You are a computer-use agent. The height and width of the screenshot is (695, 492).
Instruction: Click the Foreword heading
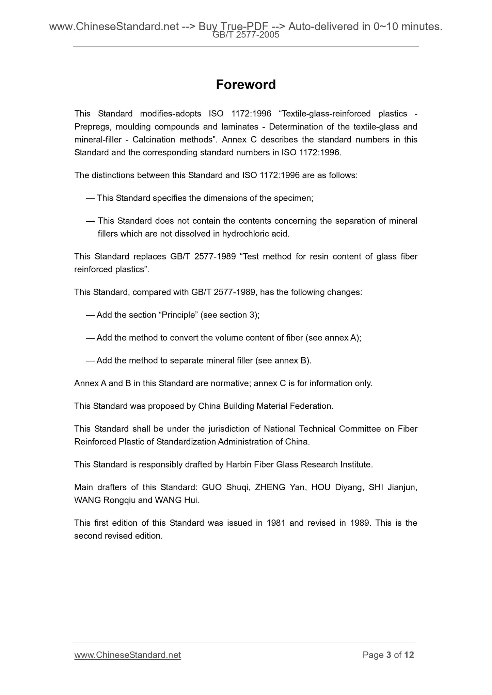pos(245,85)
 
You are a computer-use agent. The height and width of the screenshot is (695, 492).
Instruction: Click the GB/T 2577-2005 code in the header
pos(245,35)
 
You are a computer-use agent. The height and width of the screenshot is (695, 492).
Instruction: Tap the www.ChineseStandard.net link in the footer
pos(127,655)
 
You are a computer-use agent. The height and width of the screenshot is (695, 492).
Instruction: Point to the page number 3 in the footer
pos(388,655)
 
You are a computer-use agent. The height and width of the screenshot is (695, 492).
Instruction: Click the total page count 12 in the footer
pos(409,655)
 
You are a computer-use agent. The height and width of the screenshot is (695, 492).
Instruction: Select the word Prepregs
pos(93,127)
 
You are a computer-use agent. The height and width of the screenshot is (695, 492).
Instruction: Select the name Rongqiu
pos(119,500)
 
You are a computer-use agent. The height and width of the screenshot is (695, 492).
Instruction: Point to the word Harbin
pos(238,464)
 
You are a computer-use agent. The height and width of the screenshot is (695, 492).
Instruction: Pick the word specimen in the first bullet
pos(292,198)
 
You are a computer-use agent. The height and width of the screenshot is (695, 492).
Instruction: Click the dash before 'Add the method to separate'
pos(90,360)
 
